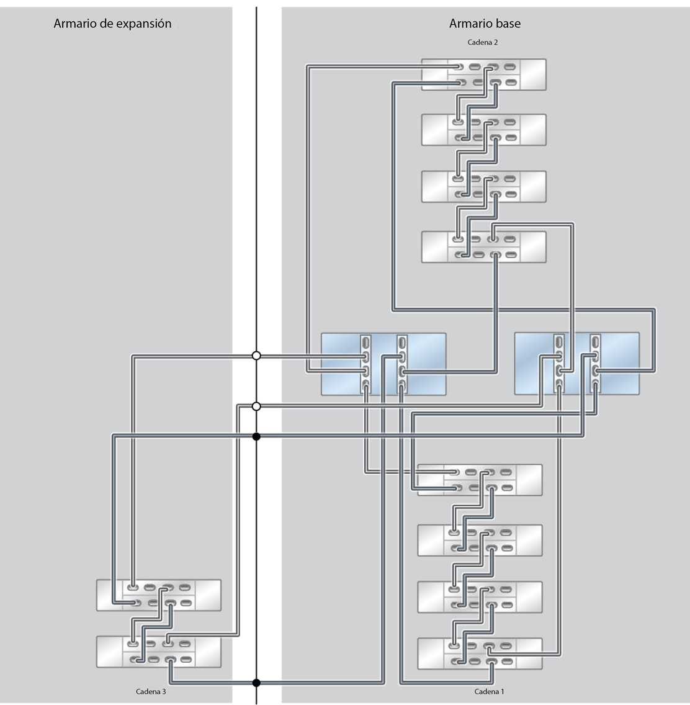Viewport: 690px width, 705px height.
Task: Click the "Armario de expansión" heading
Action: pyautogui.click(x=112, y=24)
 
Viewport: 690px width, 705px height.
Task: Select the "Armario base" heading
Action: pyautogui.click(x=485, y=24)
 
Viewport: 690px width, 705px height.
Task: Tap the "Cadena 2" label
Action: pyautogui.click(x=482, y=42)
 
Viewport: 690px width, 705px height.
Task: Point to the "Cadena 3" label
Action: pyautogui.click(x=151, y=691)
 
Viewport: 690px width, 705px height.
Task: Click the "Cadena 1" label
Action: pyautogui.click(x=489, y=691)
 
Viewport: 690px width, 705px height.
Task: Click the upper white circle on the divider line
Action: pyautogui.click(x=256, y=356)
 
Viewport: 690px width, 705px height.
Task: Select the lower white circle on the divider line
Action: pyautogui.click(x=256, y=406)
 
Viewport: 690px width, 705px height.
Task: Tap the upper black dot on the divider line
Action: pyautogui.click(x=256, y=436)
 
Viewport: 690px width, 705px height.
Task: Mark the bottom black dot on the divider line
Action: pyautogui.click(x=256, y=683)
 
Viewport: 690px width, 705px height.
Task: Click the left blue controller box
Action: pyautogui.click(x=383, y=364)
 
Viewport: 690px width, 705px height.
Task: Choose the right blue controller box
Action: pyautogui.click(x=576, y=364)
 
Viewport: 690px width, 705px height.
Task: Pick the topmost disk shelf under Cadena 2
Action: pyautogui.click(x=483, y=74)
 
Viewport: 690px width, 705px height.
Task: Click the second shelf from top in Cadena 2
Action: pyautogui.click(x=483, y=130)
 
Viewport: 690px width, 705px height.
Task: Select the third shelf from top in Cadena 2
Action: pyautogui.click(x=483, y=187)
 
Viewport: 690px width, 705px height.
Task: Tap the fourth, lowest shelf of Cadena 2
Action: pyautogui.click(x=483, y=247)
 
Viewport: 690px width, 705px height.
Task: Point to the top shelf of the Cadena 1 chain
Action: pyautogui.click(x=480, y=480)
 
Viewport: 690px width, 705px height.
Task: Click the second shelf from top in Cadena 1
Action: pyautogui.click(x=480, y=541)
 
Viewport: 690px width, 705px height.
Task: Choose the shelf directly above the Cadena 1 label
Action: pyautogui.click(x=480, y=653)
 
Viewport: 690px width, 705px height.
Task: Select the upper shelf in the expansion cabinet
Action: pyautogui.click(x=159, y=595)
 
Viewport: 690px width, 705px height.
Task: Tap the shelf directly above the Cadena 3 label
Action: pyautogui.click(x=159, y=652)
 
